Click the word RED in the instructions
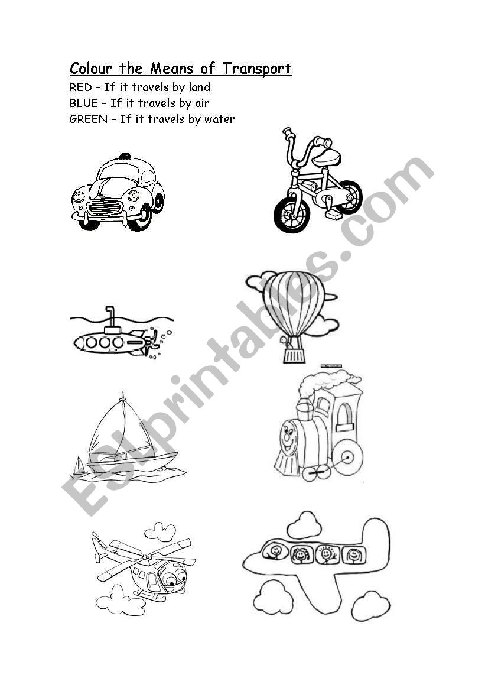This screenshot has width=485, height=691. coord(80,87)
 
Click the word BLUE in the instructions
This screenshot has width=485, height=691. coord(84,103)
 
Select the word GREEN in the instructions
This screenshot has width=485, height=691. coord(89,119)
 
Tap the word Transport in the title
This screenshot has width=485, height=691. coord(256,69)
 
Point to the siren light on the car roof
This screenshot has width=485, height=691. coord(125,155)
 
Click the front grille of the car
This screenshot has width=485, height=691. coord(105,207)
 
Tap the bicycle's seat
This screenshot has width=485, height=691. coord(330,155)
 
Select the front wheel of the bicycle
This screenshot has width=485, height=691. coord(291,214)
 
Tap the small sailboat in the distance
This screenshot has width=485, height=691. coord(79,466)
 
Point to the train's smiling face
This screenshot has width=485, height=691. coord(289,439)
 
